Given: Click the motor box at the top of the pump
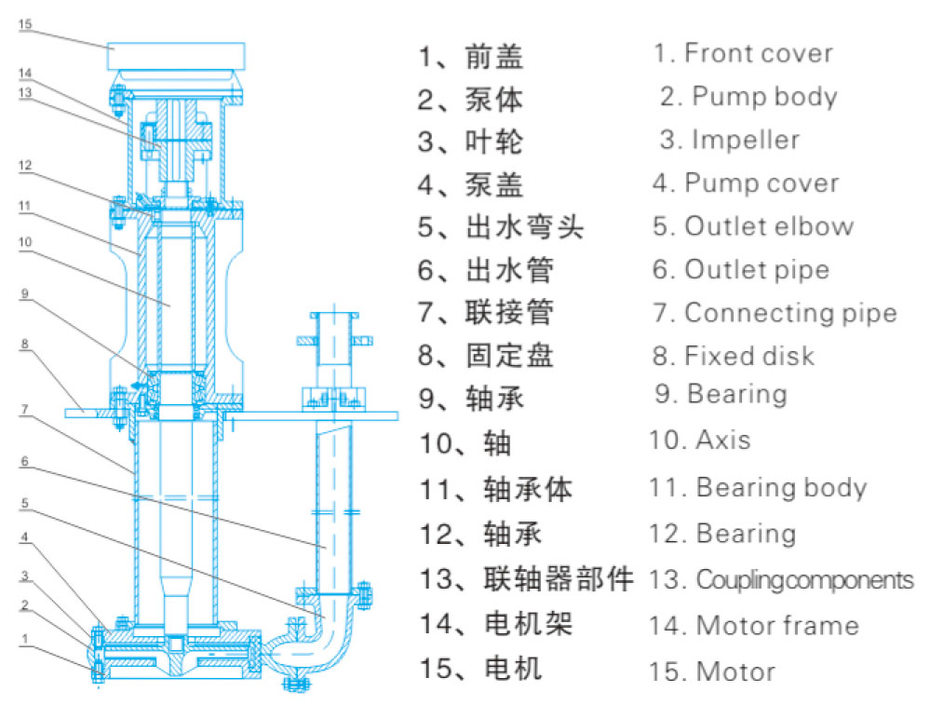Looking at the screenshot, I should [x=176, y=56].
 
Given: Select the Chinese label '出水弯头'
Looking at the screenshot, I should [x=525, y=227].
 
